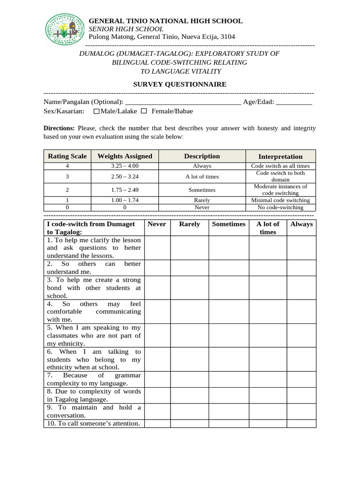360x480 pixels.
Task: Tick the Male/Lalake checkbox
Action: tap(97, 112)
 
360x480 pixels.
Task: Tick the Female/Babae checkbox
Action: tap(144, 111)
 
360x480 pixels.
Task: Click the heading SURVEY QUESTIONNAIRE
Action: tap(180, 84)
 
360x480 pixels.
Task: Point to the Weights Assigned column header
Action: tap(125, 156)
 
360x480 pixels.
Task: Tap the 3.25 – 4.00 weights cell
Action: tap(125, 166)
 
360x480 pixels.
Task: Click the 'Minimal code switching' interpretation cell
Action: tap(280, 200)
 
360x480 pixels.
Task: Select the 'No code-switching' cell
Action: tap(280, 207)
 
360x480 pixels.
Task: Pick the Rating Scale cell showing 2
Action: tap(67, 190)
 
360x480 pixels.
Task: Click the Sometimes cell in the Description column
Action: tap(202, 190)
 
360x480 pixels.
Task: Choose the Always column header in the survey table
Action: tap(301, 224)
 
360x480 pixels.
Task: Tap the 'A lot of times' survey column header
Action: tap(268, 228)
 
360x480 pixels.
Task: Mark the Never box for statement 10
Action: tap(157, 423)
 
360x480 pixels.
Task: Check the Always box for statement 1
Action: tap(301, 247)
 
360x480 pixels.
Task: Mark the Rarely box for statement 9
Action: tap(189, 411)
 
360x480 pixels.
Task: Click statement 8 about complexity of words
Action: tap(94, 395)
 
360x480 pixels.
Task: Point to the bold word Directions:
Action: tap(59, 128)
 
